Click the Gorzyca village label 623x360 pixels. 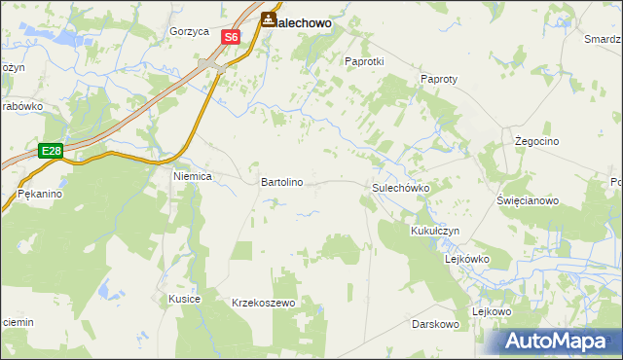[189, 31]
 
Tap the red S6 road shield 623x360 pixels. [230, 37]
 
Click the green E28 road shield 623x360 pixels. [52, 151]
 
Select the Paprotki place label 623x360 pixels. [365, 60]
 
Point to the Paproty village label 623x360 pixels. [439, 79]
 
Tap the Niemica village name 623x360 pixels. [193, 177]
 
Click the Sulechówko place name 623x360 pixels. [401, 187]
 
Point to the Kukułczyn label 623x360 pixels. [435, 231]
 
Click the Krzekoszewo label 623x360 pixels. [263, 304]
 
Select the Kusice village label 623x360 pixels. [184, 299]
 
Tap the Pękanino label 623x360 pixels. [40, 195]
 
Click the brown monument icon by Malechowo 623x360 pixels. [267, 18]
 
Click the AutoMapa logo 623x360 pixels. [558, 341]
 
